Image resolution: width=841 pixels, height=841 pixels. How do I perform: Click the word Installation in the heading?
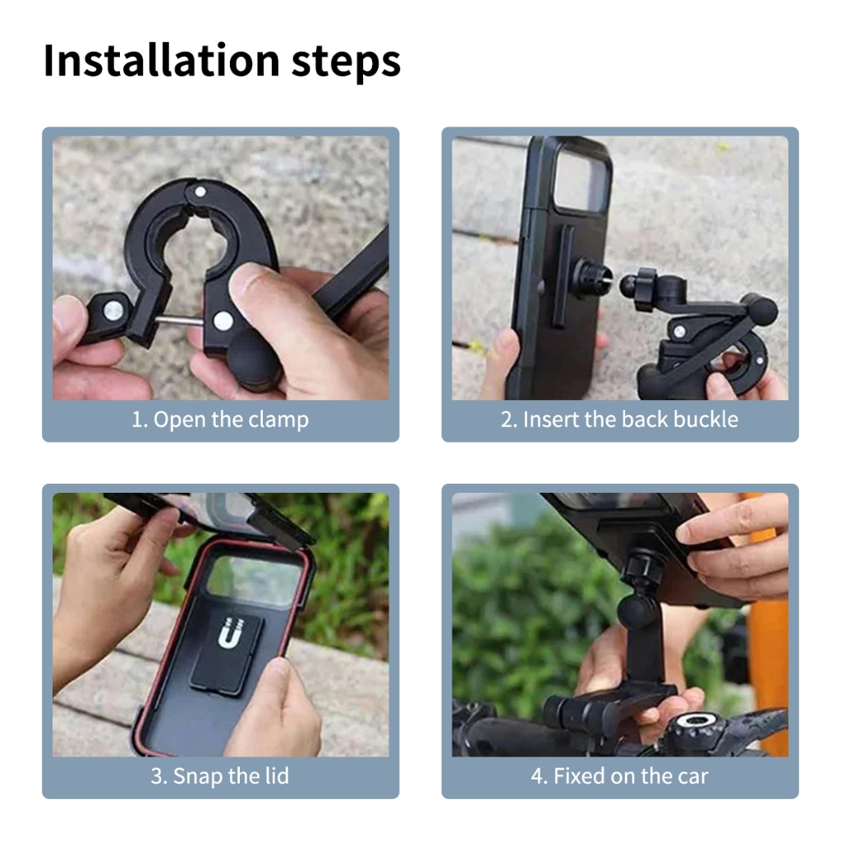click(x=162, y=60)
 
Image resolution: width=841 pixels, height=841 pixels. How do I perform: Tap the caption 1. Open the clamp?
click(x=220, y=420)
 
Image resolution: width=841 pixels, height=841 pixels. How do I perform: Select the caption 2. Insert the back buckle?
click(x=619, y=420)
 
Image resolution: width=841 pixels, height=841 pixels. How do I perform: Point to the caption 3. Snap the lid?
click(x=220, y=776)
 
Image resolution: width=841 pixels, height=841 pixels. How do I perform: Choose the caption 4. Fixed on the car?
click(x=619, y=776)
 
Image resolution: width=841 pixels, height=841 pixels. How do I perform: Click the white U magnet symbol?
click(x=231, y=632)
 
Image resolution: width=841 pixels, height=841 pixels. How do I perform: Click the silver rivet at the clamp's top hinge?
click(x=200, y=191)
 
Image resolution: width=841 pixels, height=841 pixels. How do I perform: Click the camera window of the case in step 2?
click(x=582, y=182)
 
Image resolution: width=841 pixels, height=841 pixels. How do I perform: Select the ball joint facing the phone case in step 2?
click(x=630, y=285)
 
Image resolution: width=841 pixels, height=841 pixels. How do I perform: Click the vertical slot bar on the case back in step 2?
click(x=561, y=277)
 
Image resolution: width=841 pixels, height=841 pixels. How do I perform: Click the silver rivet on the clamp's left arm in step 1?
click(x=113, y=310)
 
